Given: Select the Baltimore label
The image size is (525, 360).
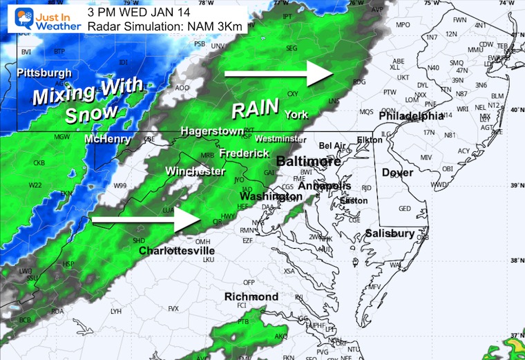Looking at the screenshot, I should tap(309, 162).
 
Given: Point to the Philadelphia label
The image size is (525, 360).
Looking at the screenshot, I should tap(411, 116).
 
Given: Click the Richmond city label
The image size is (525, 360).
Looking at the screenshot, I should tap(251, 296).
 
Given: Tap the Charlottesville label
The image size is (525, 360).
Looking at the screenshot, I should tap(176, 250).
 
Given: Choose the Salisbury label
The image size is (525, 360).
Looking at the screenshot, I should tap(390, 234).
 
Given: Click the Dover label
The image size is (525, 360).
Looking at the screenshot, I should tap(397, 172).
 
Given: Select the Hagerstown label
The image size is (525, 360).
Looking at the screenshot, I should tap(212, 131).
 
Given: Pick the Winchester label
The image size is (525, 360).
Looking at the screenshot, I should tap(195, 170).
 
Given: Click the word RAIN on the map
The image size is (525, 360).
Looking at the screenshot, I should tap(255, 108).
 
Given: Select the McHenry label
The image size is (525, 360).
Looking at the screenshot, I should tap(107, 139).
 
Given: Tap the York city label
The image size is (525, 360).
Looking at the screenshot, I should tap(295, 115).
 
